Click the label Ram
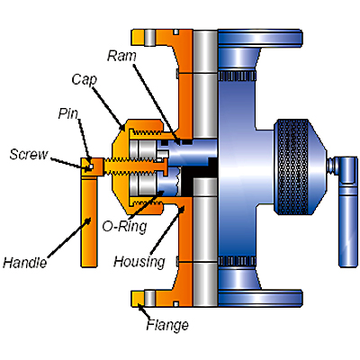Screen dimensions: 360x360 tap(121, 56)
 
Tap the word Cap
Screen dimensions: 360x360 tap(85, 80)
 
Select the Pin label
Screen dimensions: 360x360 tap(68, 113)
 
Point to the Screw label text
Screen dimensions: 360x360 tap(29, 154)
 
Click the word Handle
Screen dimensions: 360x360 tap(25, 262)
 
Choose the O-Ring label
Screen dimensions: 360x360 tap(124, 226)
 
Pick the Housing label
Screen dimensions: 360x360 tap(139, 262)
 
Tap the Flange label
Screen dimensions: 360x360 tap(167, 325)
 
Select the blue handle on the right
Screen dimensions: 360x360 tap(348, 211)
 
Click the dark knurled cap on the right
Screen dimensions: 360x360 tap(292, 166)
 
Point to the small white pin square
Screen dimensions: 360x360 tap(91, 166)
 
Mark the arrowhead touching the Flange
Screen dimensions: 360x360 tap(139, 307)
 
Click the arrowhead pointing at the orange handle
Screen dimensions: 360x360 tap(87, 221)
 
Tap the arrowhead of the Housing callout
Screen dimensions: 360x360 tap(181, 209)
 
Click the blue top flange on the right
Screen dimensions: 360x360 tap(259, 38)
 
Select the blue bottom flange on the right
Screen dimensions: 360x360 tap(259, 298)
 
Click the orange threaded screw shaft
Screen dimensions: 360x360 tap(135, 166)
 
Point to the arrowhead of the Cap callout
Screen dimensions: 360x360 tap(123, 127)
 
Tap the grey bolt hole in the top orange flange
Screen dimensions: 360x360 tap(149, 38)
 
